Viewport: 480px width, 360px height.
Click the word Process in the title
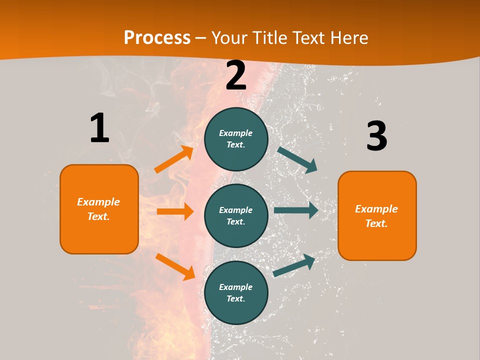pos(157,38)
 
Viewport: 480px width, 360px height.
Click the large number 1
pos(99,128)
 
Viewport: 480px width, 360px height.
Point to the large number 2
pos(236,75)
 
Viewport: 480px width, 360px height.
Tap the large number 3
pos(376,136)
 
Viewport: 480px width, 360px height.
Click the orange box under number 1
pos(99,209)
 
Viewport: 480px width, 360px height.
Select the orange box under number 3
pos(377,215)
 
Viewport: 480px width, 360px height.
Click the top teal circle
pos(236,139)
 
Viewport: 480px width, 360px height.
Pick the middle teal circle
pos(236,215)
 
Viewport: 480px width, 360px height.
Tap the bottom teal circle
pos(236,292)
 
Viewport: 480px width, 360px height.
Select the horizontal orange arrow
pos(175,211)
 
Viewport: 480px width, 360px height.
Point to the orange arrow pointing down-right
pos(175,266)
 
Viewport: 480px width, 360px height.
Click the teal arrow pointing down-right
pos(297,159)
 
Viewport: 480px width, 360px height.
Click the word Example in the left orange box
pos(98,202)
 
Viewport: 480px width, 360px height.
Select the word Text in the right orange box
pos(375,223)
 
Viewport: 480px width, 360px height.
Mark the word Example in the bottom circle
pos(235,287)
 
